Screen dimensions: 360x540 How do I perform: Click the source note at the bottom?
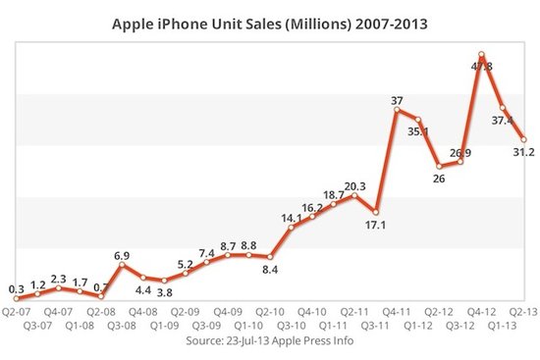tap(270, 343)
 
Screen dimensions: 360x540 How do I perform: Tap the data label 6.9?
tap(123, 252)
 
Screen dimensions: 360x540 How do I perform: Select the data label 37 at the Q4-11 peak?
tap(397, 99)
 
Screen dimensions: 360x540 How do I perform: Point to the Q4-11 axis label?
tap(395, 311)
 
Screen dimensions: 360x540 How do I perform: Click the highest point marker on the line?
tap(481, 55)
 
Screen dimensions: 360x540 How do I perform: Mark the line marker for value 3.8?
tap(164, 282)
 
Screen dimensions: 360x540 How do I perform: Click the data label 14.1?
tap(292, 218)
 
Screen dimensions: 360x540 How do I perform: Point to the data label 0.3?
tap(16, 288)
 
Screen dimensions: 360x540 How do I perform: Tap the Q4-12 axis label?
tap(479, 311)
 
